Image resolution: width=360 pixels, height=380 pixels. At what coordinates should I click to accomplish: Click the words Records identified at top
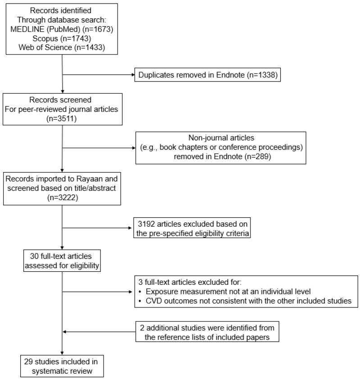(63, 10)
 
